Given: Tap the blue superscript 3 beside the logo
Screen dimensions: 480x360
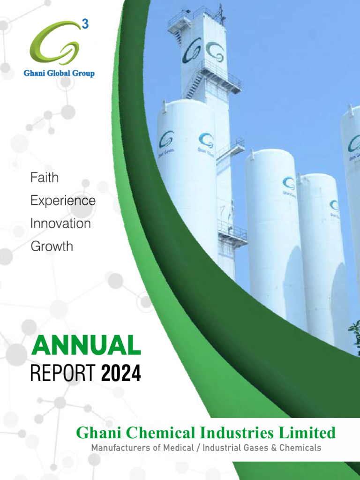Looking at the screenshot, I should pyautogui.click(x=85, y=25).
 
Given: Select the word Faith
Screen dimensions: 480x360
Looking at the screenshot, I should pyautogui.click(x=45, y=178).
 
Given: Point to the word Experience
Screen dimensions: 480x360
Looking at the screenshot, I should pyautogui.click(x=63, y=201).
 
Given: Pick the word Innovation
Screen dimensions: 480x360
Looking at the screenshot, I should pyautogui.click(x=60, y=224).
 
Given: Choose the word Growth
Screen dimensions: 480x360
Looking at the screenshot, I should pyautogui.click(x=52, y=246).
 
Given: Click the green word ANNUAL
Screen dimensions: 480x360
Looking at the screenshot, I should pyautogui.click(x=86, y=346).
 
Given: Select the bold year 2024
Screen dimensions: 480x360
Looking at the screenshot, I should pyautogui.click(x=121, y=374).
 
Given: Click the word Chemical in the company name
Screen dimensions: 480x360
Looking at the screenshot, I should pyautogui.click(x=155, y=433).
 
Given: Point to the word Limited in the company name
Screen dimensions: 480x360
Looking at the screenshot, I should pyautogui.click(x=308, y=433).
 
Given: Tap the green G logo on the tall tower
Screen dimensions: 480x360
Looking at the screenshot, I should pyautogui.click(x=215, y=51).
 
